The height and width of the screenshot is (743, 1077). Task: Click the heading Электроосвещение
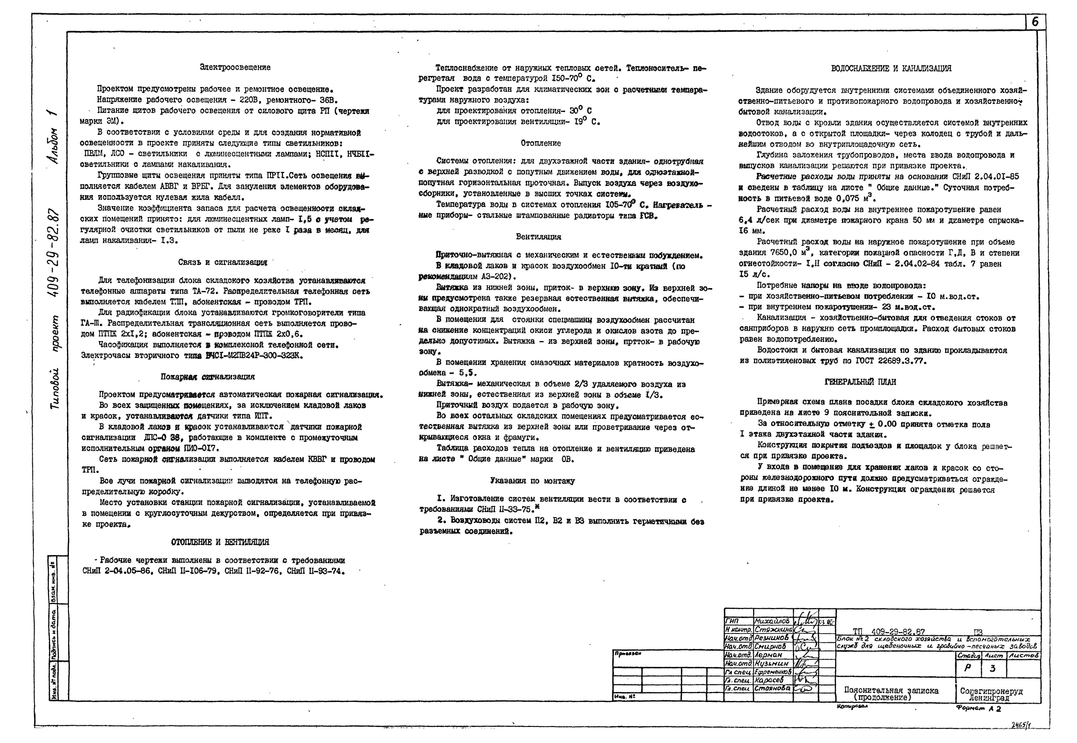(235, 67)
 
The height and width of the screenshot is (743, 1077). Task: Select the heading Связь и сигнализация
(222, 263)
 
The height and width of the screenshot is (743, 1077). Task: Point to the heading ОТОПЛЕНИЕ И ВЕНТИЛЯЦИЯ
(220, 542)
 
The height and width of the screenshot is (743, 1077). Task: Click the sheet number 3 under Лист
(993, 668)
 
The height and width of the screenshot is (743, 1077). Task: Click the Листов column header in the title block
(1024, 655)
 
